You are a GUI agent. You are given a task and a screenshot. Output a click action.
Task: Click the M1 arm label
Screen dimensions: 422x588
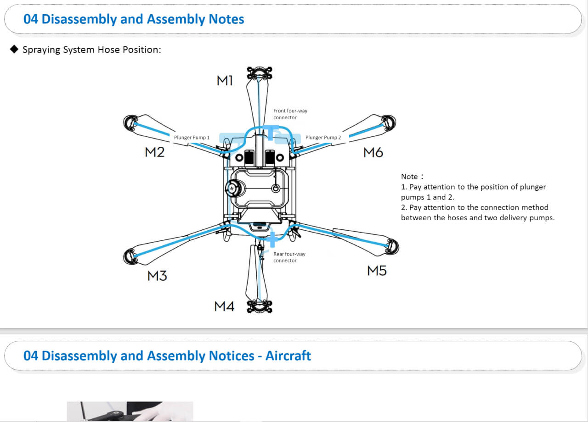coord(225,81)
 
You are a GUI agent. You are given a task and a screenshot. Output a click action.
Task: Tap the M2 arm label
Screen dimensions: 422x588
coord(155,152)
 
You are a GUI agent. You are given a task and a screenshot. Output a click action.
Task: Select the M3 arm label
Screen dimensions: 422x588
coord(157,276)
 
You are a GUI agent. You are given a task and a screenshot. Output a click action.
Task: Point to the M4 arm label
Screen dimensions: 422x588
coord(225,306)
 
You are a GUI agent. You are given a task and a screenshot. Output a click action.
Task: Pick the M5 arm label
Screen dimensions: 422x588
coord(377,271)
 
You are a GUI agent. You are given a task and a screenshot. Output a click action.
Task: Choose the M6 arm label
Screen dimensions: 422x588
coord(373,152)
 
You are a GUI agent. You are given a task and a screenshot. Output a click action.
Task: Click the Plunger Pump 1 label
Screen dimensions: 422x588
coord(192,137)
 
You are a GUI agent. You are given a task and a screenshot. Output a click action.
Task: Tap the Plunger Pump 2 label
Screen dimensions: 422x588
coord(323,137)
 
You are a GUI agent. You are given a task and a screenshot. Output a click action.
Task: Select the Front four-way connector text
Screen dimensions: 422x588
coord(290,114)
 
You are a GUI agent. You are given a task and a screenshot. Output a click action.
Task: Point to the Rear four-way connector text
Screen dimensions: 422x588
coord(289,257)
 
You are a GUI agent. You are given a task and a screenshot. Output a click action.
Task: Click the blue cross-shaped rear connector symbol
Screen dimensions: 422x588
coord(272,239)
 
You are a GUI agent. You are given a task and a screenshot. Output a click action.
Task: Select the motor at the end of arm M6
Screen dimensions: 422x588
coord(389,122)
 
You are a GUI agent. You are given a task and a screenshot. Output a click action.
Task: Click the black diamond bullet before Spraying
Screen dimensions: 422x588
coord(14,49)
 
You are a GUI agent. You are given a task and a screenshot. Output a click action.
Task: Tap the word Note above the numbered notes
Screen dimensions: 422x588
coord(409,177)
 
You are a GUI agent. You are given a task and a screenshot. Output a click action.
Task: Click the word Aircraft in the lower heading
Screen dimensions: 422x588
coord(288,356)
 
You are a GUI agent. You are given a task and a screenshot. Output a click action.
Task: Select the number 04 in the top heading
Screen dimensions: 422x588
coord(31,19)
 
